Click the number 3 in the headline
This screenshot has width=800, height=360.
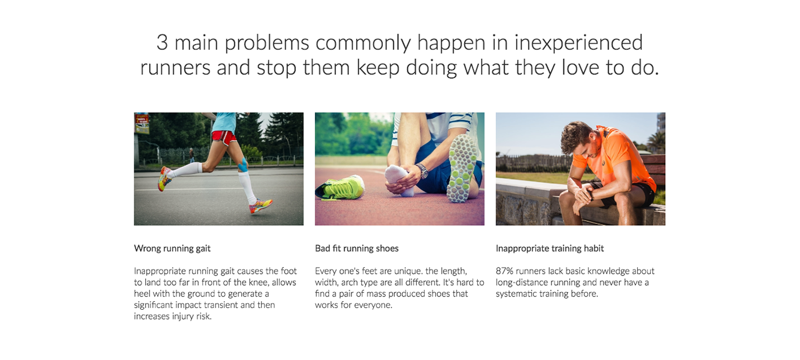(162, 42)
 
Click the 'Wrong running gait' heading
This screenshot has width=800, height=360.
(172, 249)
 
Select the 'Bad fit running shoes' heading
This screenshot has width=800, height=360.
(357, 249)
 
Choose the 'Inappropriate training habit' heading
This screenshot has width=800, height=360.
(550, 249)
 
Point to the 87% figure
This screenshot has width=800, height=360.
(504, 271)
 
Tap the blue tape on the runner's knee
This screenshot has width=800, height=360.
(243, 165)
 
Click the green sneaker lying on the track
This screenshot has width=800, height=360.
(340, 187)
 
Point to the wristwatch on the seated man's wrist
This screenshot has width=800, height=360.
(422, 171)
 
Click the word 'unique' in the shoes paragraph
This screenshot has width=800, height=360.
(407, 271)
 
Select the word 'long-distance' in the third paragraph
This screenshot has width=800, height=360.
(519, 283)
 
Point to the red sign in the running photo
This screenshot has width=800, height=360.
(142, 123)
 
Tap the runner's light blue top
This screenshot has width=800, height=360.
(223, 122)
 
